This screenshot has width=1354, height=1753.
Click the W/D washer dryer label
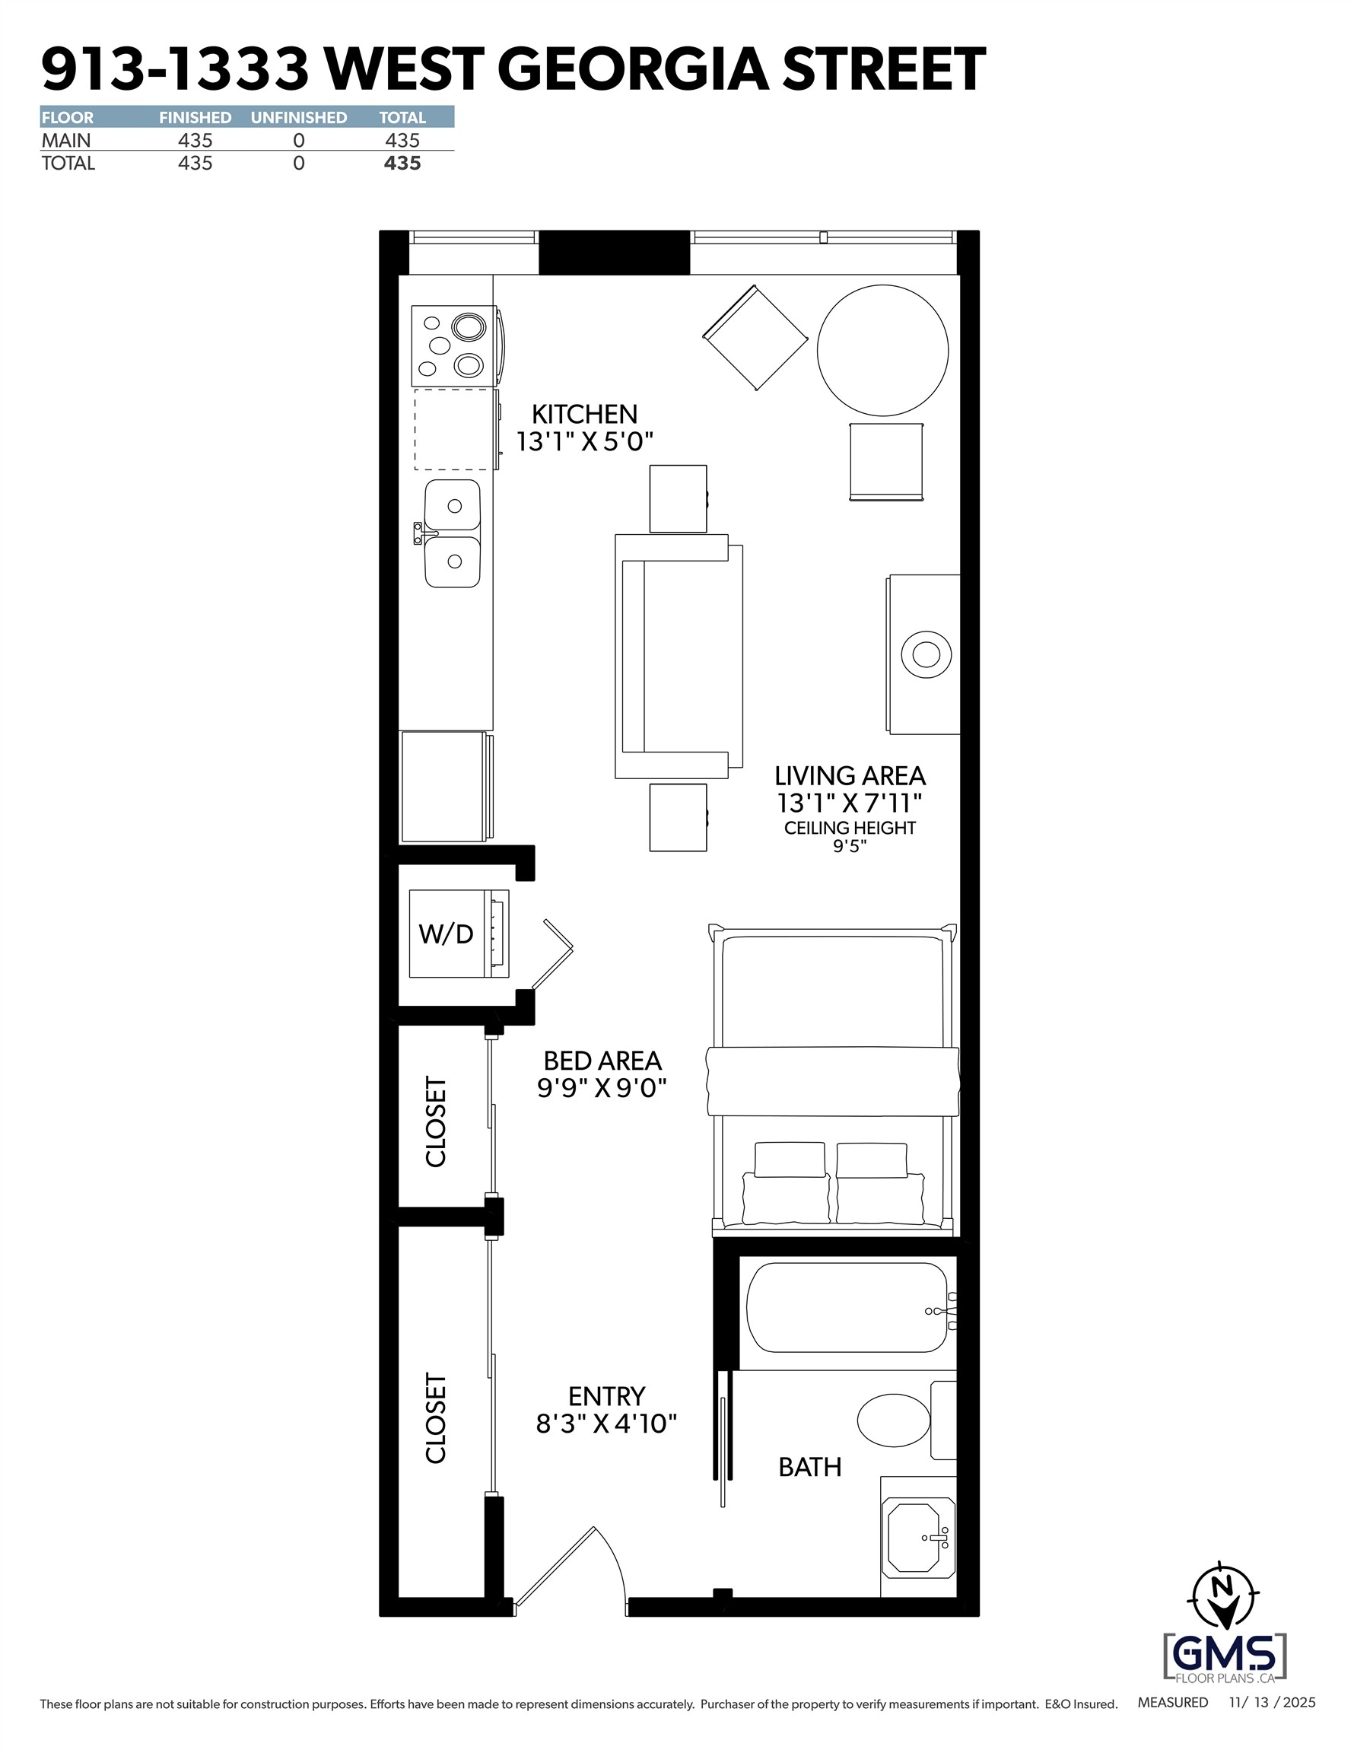[x=447, y=934]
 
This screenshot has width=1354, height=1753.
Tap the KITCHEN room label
[x=584, y=414]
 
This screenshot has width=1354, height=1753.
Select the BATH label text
[x=810, y=1467]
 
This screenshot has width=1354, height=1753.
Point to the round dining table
[x=883, y=350]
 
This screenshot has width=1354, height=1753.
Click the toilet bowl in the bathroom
[x=893, y=1420]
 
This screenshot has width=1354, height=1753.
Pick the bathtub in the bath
[x=847, y=1309]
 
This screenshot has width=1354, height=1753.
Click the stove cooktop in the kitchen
[x=453, y=346]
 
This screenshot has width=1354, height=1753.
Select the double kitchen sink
[x=453, y=534]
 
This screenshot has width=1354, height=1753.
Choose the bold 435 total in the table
[x=402, y=164]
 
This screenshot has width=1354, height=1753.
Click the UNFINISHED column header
[x=299, y=118]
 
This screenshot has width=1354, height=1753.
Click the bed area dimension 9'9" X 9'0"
[x=602, y=1087]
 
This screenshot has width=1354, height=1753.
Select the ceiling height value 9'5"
[x=850, y=846]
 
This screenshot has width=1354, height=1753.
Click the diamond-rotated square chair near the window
[x=755, y=337]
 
